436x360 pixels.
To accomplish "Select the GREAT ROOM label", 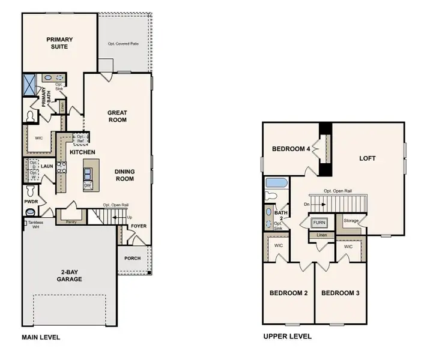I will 117,116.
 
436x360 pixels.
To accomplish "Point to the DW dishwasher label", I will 88,185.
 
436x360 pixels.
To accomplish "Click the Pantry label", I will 71,221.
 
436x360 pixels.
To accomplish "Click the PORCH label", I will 132,259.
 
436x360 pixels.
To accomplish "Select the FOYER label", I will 139,226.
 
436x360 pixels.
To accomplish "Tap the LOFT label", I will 367,158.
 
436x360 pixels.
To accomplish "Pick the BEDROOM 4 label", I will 291,149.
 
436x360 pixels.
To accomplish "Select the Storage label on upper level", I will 351,221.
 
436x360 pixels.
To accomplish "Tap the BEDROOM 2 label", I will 289,293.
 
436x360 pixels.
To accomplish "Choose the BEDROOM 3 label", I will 340,293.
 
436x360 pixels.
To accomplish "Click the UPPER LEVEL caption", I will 287,337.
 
